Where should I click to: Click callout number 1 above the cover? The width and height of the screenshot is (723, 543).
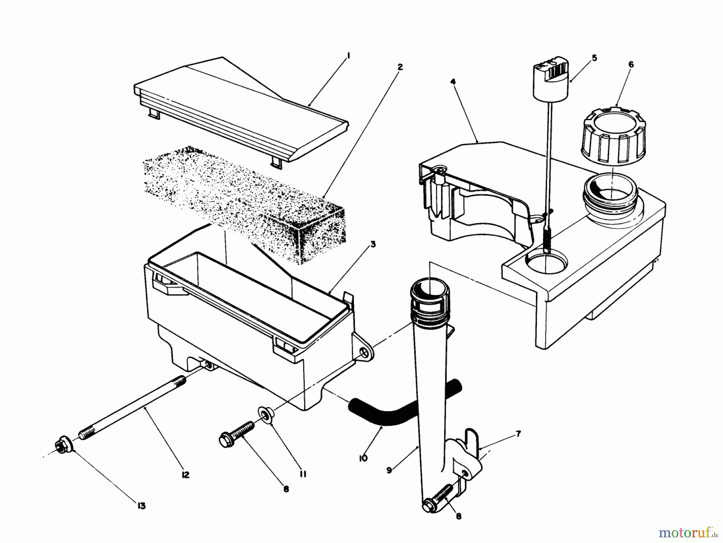coord(348,56)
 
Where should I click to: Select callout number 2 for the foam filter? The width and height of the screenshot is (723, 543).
coord(400,67)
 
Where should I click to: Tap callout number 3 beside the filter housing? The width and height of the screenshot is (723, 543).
coord(373,244)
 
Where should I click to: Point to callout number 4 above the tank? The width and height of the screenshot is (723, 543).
coord(453,82)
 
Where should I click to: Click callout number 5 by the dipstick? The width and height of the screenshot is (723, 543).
coord(594,58)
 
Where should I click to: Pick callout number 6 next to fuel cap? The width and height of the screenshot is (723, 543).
coord(631,64)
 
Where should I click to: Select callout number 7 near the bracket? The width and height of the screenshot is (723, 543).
coord(518,434)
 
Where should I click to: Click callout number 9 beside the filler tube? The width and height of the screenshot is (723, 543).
coord(389,469)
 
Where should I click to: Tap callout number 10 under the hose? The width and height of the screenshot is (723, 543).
coord(363,458)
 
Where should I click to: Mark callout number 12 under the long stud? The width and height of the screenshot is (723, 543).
coord(185,475)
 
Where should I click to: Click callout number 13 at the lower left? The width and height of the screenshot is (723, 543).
coord(141,506)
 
